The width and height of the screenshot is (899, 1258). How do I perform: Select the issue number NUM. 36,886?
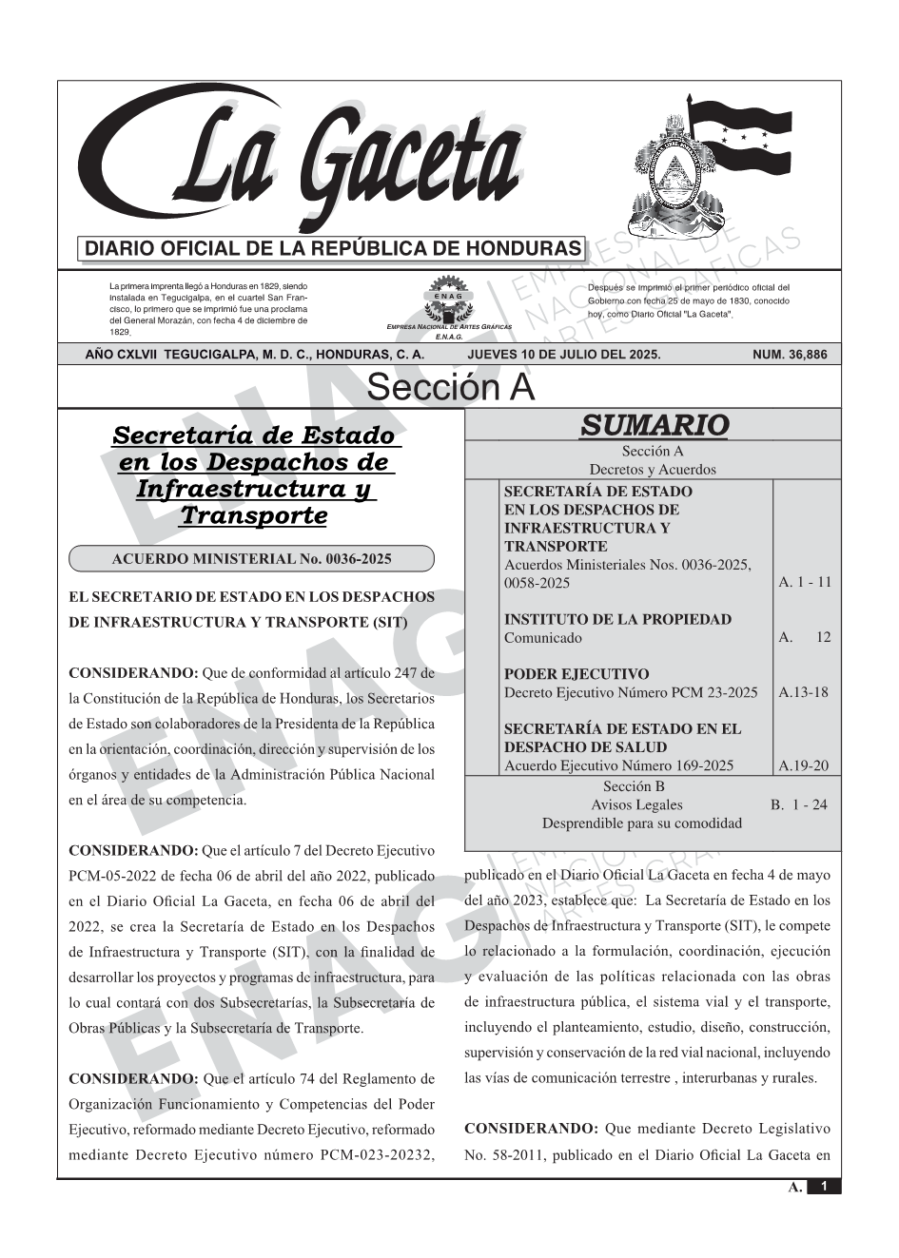(790, 355)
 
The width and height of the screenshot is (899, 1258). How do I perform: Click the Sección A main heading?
(450, 388)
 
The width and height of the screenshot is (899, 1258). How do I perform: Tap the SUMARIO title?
(654, 425)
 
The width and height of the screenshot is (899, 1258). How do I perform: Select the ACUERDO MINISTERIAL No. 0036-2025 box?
(252, 559)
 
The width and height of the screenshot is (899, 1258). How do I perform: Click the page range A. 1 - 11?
(805, 582)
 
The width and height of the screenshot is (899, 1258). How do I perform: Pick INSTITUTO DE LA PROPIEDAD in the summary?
(617, 619)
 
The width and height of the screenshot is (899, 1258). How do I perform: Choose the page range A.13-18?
(804, 692)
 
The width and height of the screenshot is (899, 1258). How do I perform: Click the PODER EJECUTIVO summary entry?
(577, 674)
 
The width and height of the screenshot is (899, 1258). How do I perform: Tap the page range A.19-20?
(804, 765)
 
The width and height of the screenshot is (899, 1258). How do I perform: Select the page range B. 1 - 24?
(799, 804)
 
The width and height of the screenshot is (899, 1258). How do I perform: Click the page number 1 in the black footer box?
(824, 1187)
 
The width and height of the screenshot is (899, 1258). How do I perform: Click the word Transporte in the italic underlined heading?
(253, 515)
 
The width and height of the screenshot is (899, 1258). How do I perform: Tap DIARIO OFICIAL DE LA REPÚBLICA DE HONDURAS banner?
(333, 249)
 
